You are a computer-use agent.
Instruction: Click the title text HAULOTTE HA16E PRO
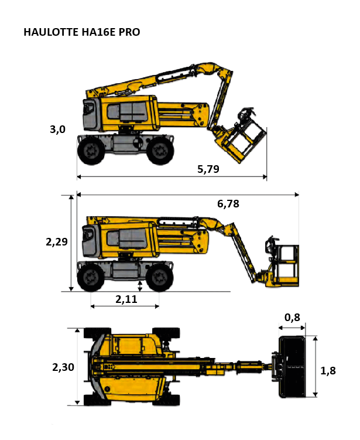pyautogui.click(x=82, y=32)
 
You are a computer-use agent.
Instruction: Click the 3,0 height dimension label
pyautogui.click(x=57, y=129)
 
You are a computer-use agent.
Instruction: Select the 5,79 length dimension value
pyautogui.click(x=208, y=169)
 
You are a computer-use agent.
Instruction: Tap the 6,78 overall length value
pyautogui.click(x=228, y=204)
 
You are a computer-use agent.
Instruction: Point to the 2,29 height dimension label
pyautogui.click(x=57, y=241)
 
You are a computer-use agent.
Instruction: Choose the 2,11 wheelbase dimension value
pyautogui.click(x=126, y=299)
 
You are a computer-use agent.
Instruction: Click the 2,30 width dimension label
pyautogui.click(x=63, y=367)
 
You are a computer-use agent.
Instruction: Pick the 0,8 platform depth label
pyautogui.click(x=292, y=318)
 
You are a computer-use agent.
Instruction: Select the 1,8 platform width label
pyautogui.click(x=328, y=371)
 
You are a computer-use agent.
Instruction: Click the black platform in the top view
pyautogui.click(x=292, y=367)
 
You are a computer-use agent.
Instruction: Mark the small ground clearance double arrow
pyautogui.click(x=140, y=286)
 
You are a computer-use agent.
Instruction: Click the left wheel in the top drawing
pyautogui.click(x=91, y=151)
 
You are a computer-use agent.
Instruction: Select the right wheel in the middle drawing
pyautogui.click(x=160, y=278)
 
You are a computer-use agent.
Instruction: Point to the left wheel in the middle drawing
pyautogui.click(x=91, y=278)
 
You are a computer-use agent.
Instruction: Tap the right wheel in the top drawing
pyautogui.click(x=160, y=151)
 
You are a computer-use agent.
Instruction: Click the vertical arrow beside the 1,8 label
pyautogui.click(x=316, y=367)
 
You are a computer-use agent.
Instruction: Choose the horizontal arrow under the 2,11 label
pyautogui.click(x=125, y=306)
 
